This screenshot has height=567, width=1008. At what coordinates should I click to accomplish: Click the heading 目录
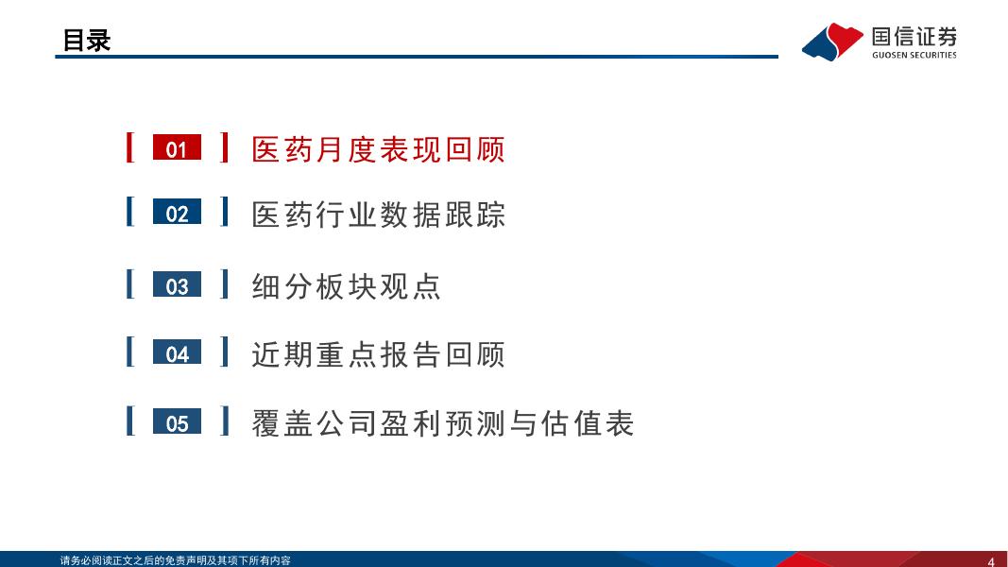(86, 40)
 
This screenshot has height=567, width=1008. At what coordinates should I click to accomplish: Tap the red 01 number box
(177, 147)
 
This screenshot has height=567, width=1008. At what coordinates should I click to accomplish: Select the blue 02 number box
(177, 212)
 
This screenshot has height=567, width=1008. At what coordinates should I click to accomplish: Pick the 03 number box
(177, 284)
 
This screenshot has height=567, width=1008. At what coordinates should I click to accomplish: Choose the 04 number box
(177, 352)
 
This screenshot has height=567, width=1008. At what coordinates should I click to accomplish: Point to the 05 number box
(177, 421)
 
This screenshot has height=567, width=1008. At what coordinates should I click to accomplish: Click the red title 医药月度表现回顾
(378, 149)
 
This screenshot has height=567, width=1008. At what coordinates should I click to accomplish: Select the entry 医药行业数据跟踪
(378, 215)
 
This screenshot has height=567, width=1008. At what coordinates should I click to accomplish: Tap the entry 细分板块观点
(346, 286)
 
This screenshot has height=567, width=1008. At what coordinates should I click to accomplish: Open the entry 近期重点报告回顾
(378, 354)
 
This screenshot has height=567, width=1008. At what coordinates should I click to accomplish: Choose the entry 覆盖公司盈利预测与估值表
(442, 423)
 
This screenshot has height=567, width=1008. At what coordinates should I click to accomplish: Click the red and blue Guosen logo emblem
(832, 42)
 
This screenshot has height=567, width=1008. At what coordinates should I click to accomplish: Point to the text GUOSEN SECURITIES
(914, 56)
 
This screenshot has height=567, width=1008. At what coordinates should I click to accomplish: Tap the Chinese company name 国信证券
(914, 37)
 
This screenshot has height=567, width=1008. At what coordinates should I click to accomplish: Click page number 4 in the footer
(991, 561)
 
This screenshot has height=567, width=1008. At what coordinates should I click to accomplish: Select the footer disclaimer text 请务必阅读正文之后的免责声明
(132, 560)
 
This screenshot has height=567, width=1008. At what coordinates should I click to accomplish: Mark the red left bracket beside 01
(129, 147)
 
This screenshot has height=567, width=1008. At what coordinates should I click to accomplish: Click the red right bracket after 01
(224, 147)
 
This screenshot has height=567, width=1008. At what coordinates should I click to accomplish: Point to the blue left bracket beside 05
(129, 421)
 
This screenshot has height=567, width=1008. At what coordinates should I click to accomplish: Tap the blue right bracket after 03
(224, 284)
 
